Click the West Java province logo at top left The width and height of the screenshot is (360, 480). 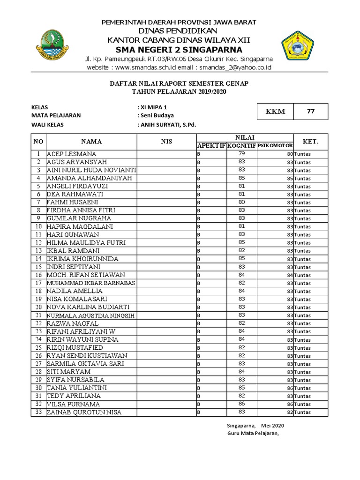click(x=52, y=47)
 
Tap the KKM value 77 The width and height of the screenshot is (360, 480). click(x=310, y=112)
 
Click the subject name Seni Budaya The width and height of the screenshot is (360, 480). click(x=157, y=115)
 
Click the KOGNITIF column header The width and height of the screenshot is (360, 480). click(x=241, y=146)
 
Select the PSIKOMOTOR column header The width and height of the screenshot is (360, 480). click(x=275, y=146)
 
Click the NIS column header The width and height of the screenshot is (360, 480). click(x=166, y=141)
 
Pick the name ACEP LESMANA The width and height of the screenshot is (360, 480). click(x=71, y=154)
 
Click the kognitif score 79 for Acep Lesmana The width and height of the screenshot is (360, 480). click(x=241, y=154)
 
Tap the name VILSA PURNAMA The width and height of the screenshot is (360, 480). click(x=73, y=404)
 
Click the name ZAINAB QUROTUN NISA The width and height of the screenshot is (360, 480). click(x=84, y=412)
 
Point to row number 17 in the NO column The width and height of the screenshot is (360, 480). click(x=38, y=283)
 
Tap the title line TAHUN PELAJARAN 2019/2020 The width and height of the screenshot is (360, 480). click(x=179, y=91)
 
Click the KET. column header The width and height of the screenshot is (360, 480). click(x=310, y=141)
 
